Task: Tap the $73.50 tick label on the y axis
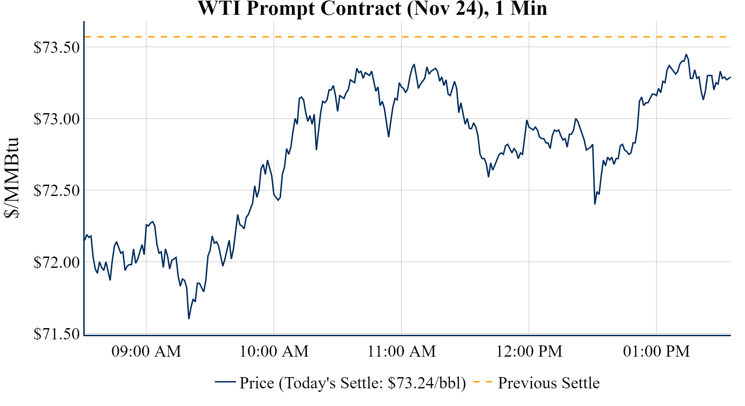tap(57, 47)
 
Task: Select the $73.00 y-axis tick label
tap(57, 119)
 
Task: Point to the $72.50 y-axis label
tap(57, 190)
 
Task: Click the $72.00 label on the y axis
tap(57, 262)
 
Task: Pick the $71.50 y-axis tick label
tap(57, 334)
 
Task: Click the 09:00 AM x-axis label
tap(146, 351)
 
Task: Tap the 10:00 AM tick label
tap(274, 351)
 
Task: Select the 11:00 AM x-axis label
tap(402, 351)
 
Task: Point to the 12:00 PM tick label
tap(529, 351)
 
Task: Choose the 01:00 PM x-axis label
tap(656, 351)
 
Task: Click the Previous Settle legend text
tap(549, 383)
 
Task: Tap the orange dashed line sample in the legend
tap(483, 382)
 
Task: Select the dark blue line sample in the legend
tap(225, 382)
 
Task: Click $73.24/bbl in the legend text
tap(426, 383)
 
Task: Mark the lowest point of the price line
tap(189, 319)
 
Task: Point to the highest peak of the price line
tap(686, 54)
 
